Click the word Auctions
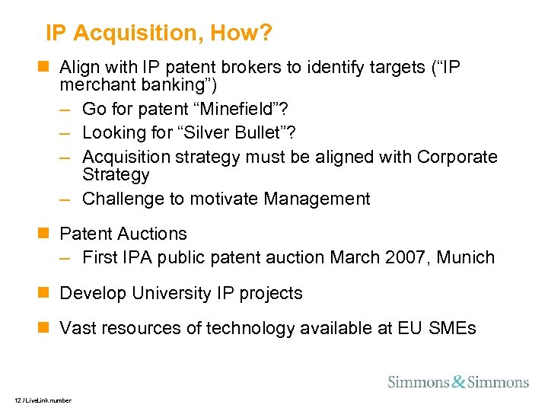click(x=152, y=234)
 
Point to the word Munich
click(x=467, y=257)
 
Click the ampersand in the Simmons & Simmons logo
click(x=458, y=382)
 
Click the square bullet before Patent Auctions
click(x=48, y=234)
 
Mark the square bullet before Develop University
click(x=48, y=293)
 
